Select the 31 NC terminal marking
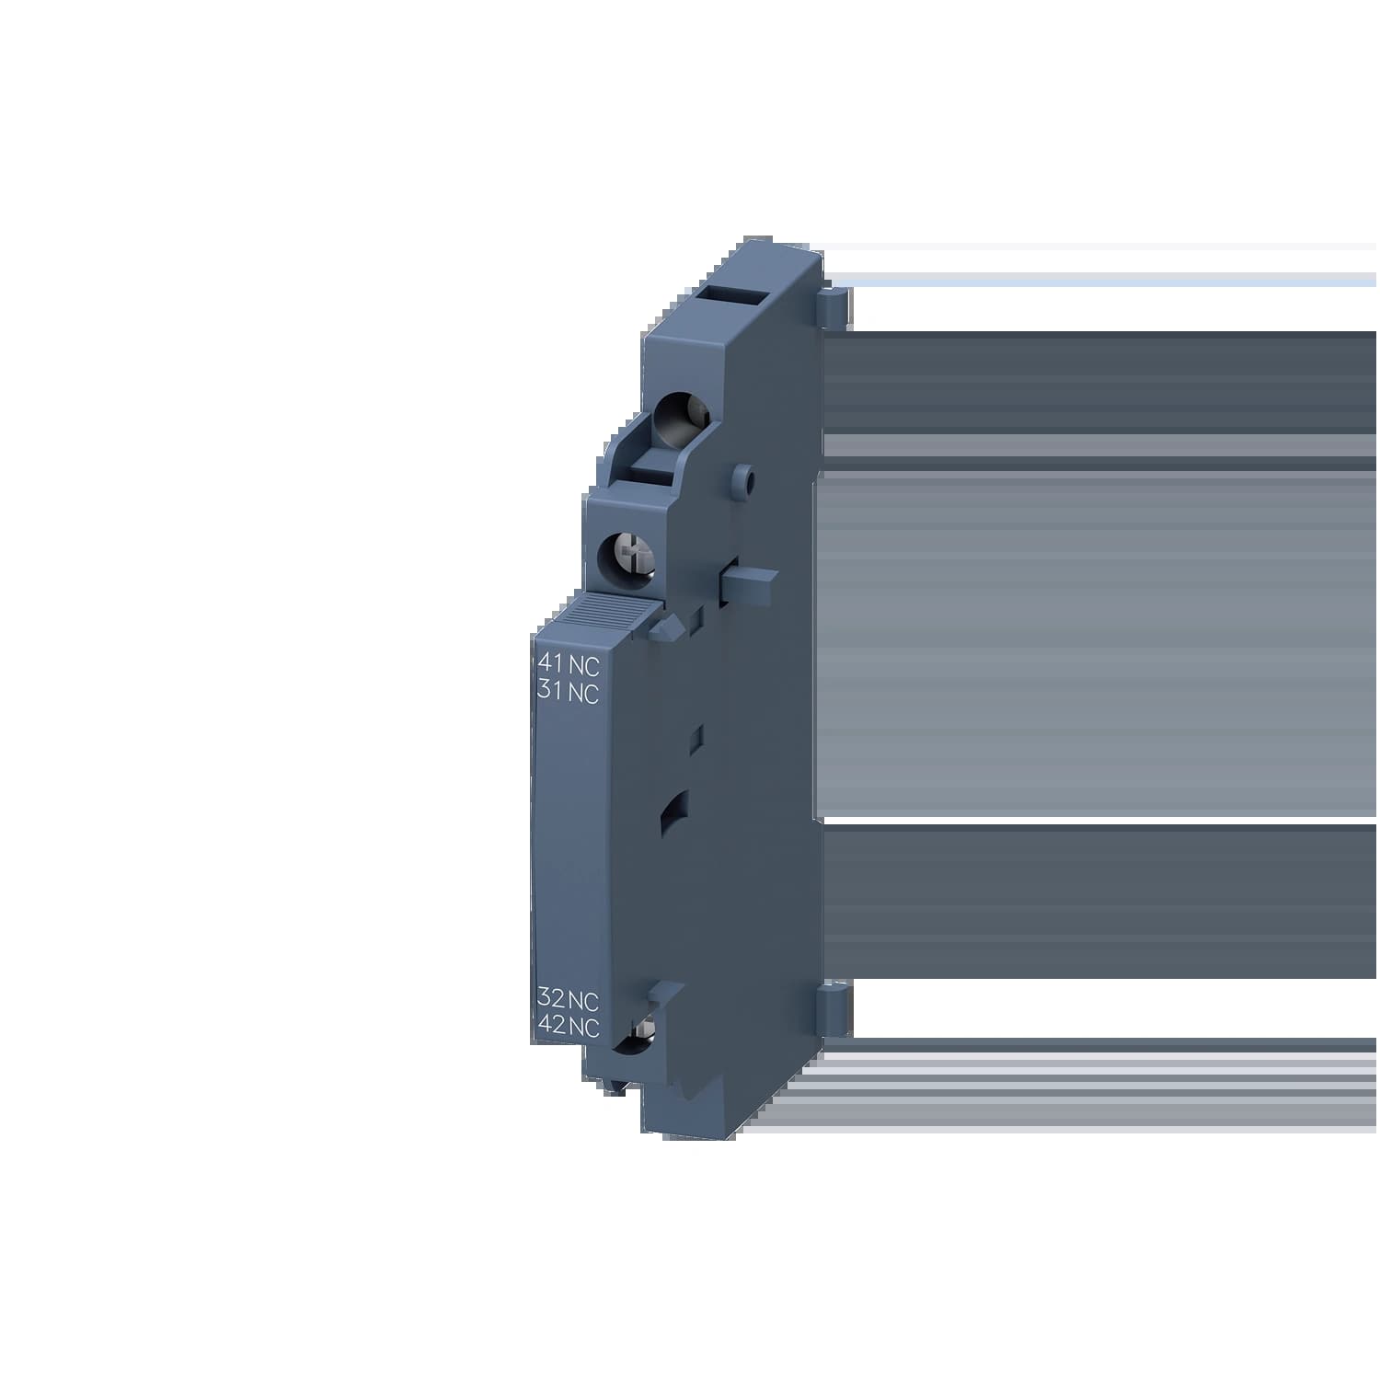pos(568,694)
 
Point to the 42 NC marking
pos(568,1029)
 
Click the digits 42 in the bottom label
pos(551,1029)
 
